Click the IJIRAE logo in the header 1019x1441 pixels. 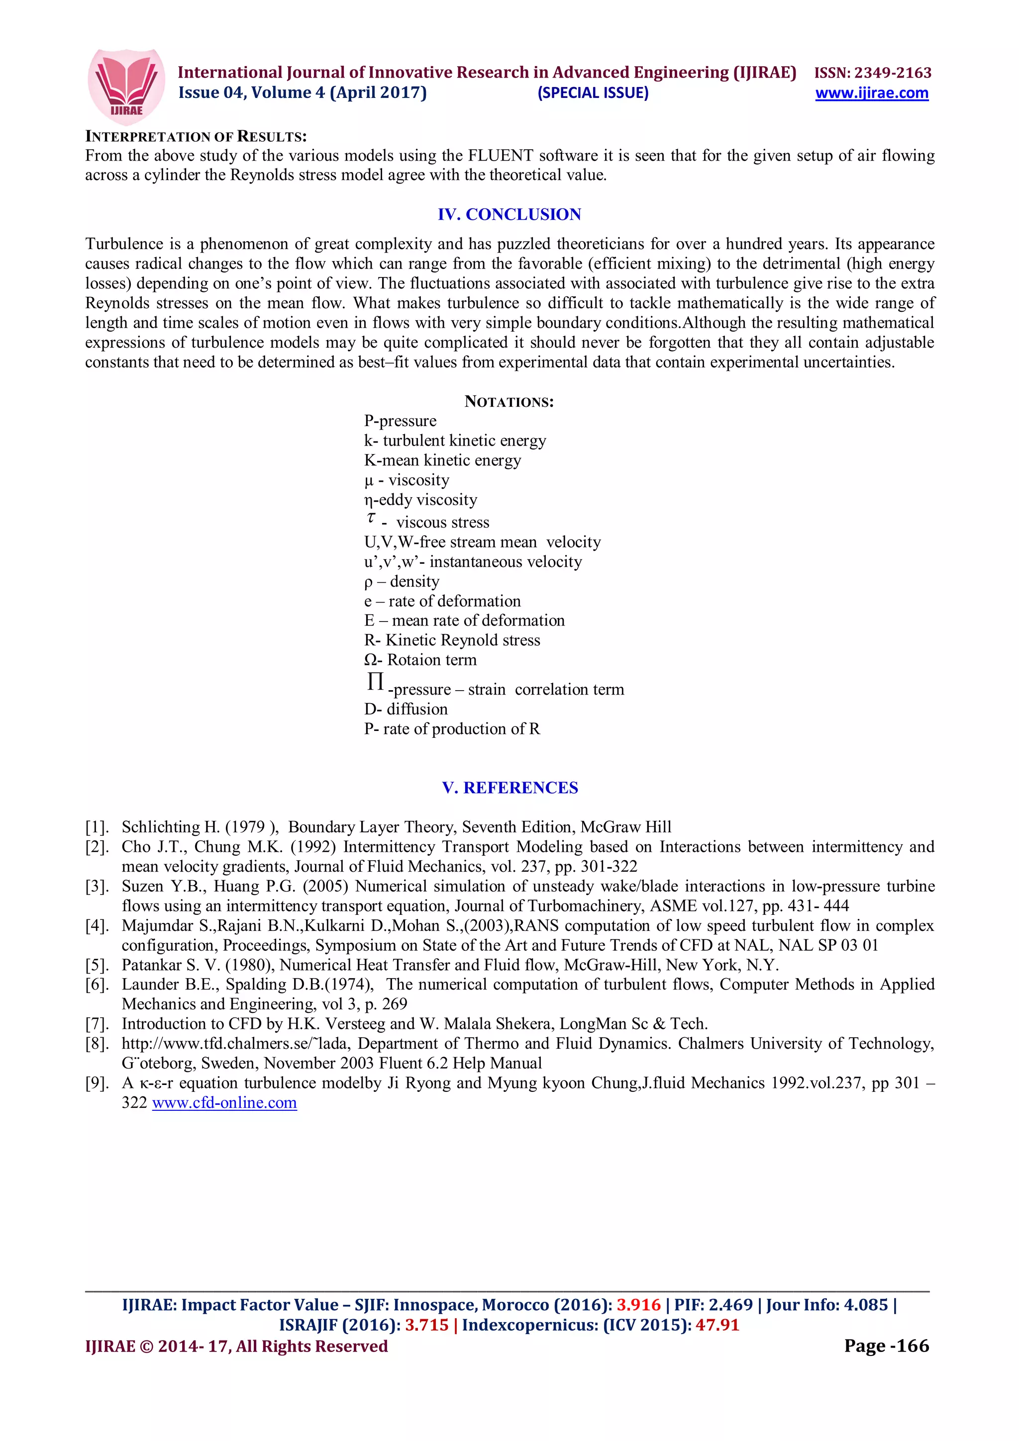coord(126,87)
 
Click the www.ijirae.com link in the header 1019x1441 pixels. coord(871,93)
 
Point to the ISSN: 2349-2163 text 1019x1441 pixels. coord(873,73)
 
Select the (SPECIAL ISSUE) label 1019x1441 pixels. coord(593,93)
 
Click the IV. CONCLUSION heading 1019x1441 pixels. coord(509,215)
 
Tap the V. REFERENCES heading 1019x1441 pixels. coord(510,788)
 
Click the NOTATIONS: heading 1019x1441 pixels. coord(509,402)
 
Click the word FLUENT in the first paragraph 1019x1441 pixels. coord(501,156)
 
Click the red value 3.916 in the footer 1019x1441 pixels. coord(638,1305)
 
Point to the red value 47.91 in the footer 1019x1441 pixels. coord(717,1325)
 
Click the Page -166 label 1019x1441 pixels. coord(886,1346)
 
